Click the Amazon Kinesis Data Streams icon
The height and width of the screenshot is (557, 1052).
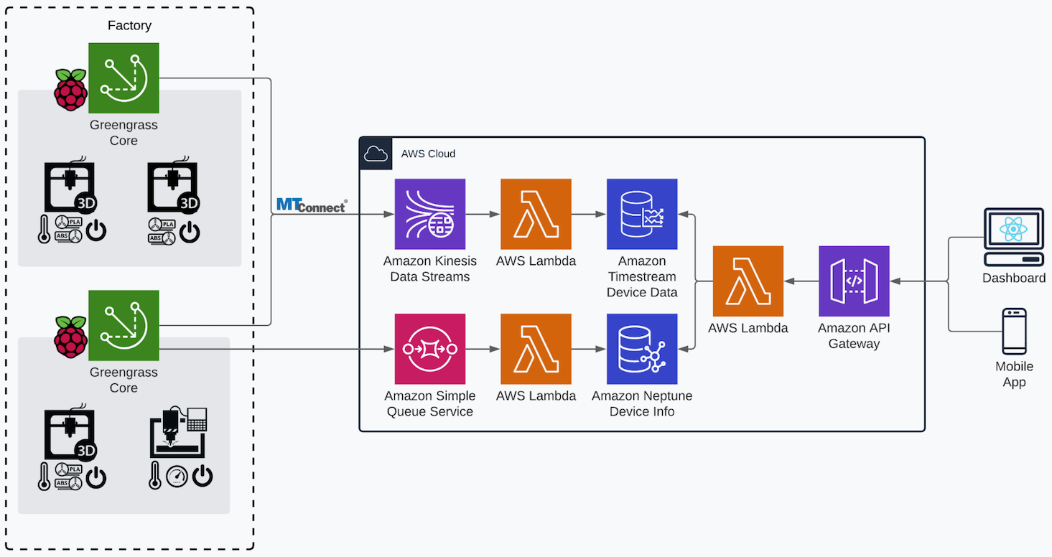coord(429,214)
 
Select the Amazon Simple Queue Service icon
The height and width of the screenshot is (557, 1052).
coord(429,349)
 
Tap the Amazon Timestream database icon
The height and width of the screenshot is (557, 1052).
coord(642,214)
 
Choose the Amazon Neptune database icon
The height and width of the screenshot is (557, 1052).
coord(642,349)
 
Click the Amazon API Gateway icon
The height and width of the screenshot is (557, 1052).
coord(854,281)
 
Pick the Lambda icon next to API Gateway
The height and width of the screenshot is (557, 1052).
coord(748,281)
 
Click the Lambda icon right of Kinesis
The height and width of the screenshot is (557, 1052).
coord(536,214)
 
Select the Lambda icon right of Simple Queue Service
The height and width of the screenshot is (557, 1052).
coord(536,349)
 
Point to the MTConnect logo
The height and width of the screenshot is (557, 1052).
coord(311,205)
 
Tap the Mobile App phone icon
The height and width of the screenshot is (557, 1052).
coord(1014,331)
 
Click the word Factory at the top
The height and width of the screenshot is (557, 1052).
coord(129,25)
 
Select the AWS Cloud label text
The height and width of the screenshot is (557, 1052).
coord(428,154)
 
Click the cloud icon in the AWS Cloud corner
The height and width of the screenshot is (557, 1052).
coord(376,154)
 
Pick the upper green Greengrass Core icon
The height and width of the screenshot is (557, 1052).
coord(124,78)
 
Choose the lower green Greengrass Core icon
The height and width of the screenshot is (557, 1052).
coord(124,325)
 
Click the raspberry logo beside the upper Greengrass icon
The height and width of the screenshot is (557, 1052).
coord(70,90)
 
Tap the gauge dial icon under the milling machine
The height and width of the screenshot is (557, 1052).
coord(177,477)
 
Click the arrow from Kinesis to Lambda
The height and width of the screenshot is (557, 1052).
coord(483,214)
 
